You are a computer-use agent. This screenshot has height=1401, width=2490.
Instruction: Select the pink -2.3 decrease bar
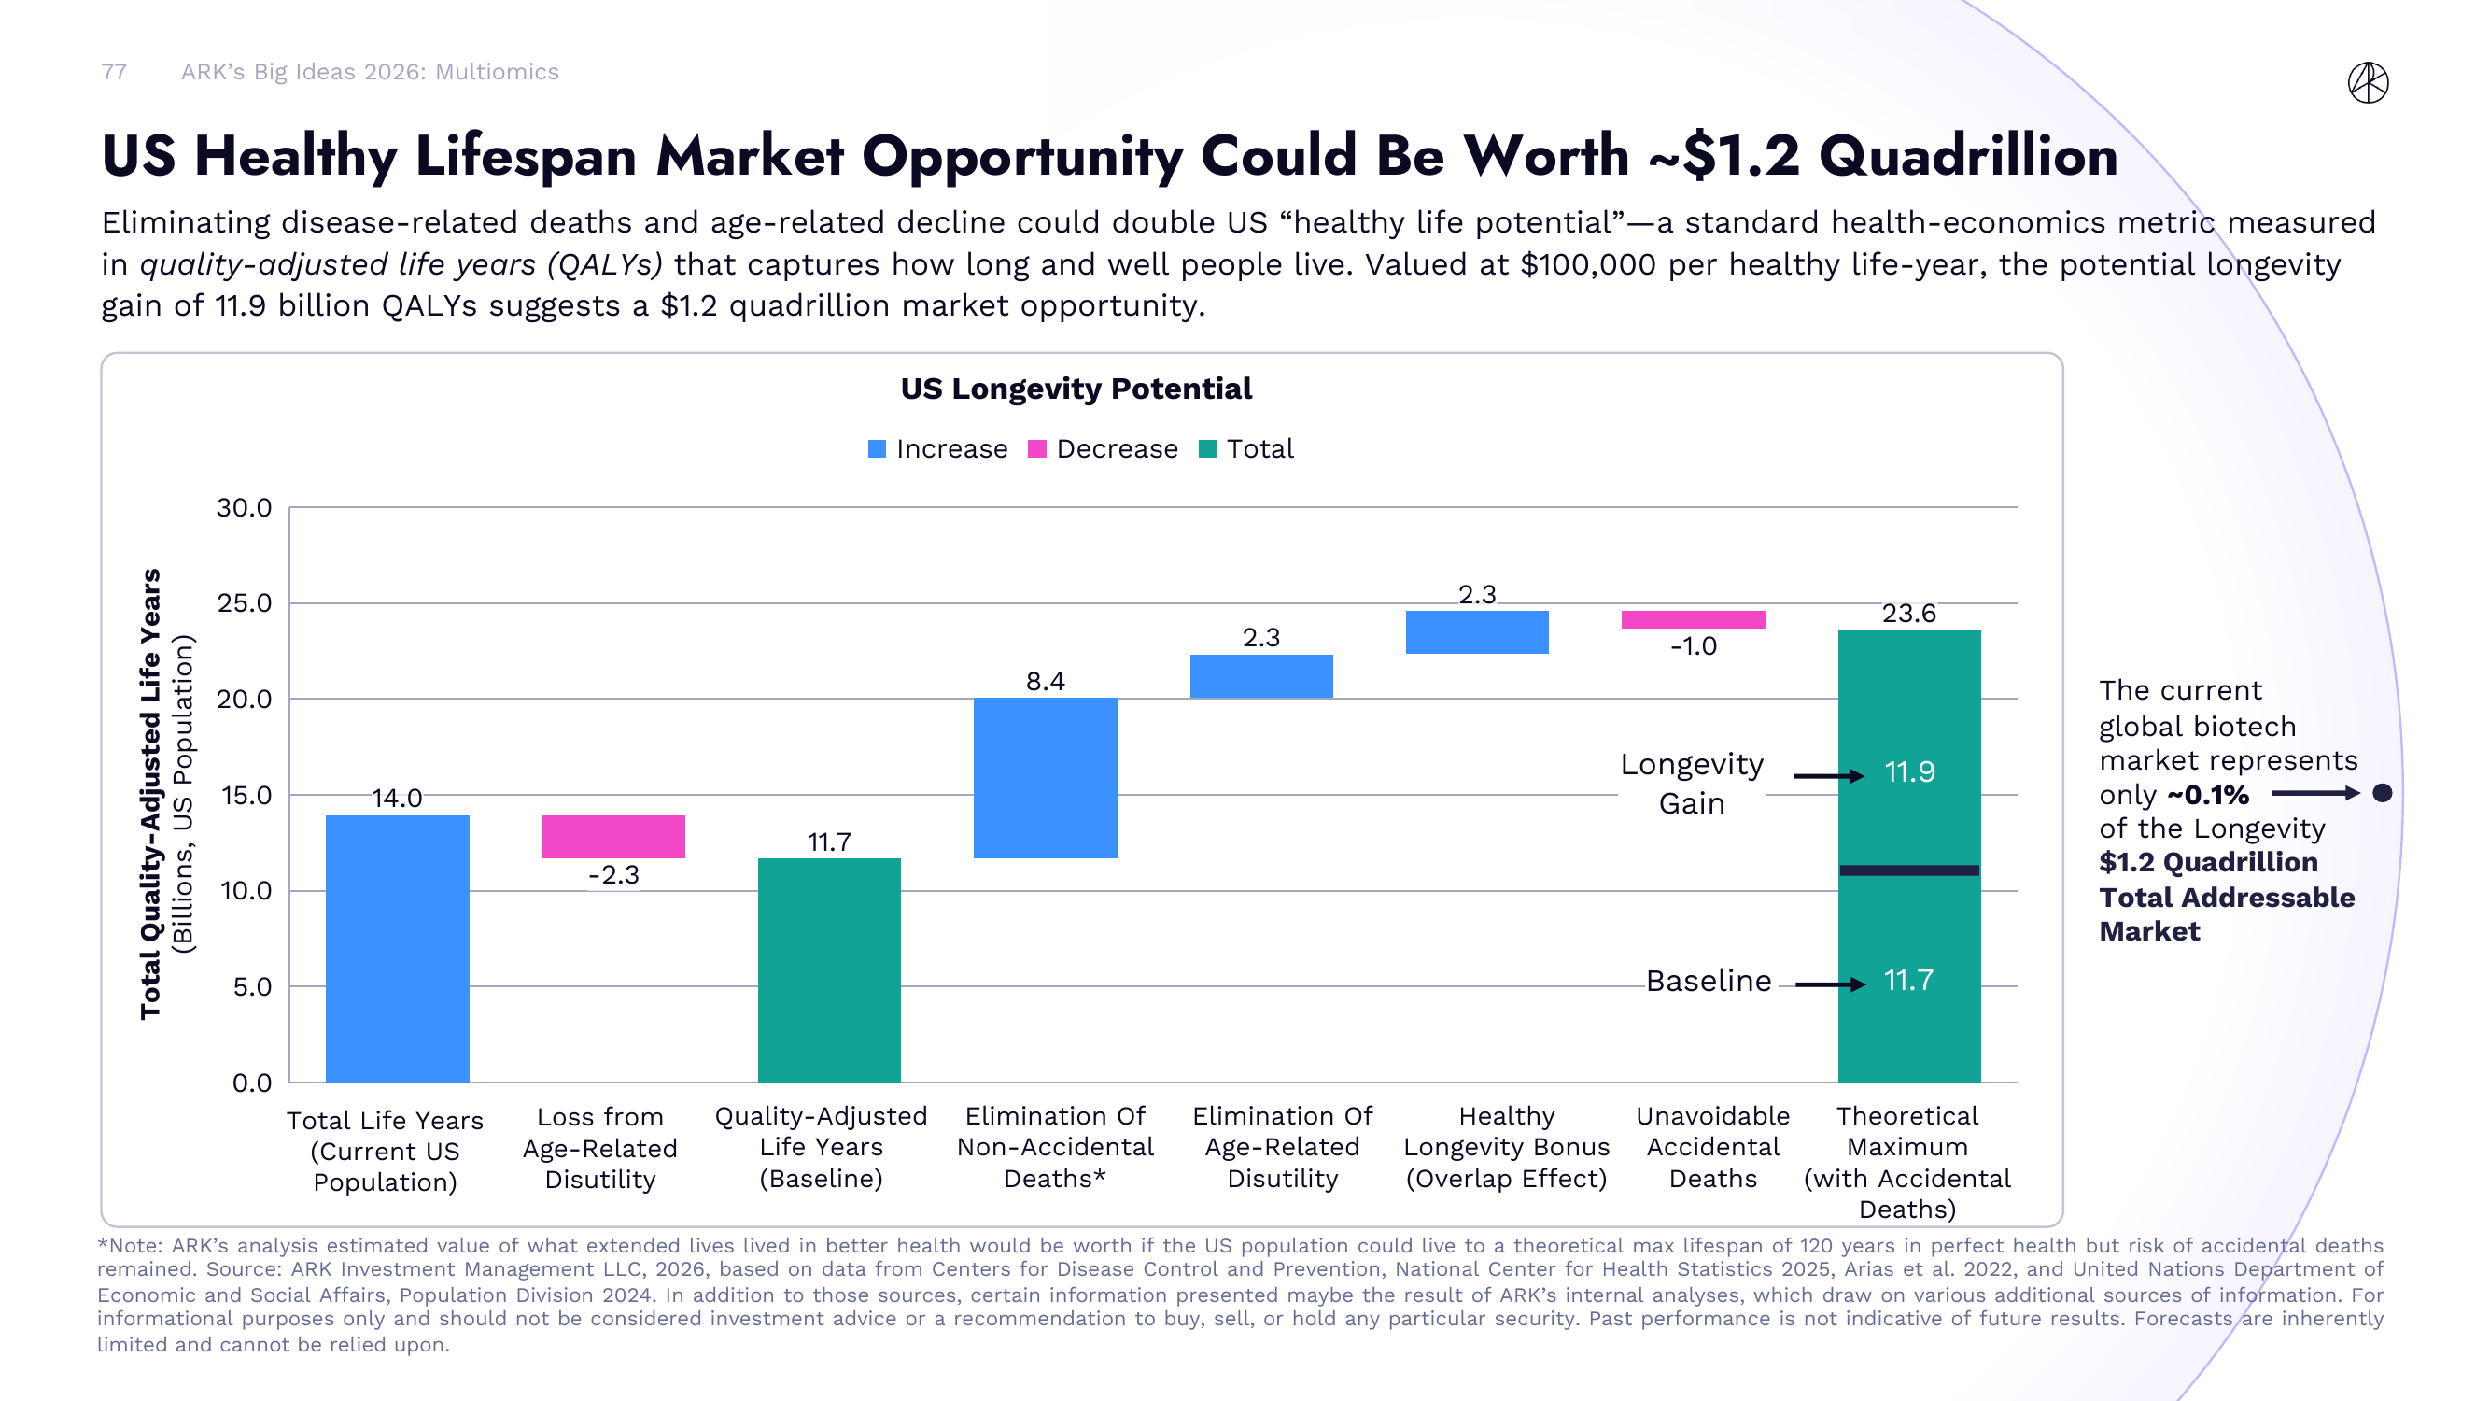(612, 836)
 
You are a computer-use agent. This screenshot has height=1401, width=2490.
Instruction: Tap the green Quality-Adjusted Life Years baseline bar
(828, 969)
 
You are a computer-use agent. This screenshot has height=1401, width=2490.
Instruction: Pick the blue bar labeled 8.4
(1045, 777)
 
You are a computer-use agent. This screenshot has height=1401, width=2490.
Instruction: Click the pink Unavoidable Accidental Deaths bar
(1693, 620)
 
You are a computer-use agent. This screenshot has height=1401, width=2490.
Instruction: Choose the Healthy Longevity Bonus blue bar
(1476, 631)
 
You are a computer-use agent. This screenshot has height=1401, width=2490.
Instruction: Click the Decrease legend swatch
(1036, 448)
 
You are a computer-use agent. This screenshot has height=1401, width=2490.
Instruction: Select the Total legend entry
(1246, 448)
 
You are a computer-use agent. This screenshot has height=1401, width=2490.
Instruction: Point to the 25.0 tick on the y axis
(244, 602)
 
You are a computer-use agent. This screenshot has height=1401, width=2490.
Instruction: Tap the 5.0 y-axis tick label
(251, 986)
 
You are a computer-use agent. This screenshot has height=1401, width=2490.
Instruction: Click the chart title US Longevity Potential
(1075, 389)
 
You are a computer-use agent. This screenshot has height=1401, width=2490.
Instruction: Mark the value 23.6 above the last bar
(1908, 613)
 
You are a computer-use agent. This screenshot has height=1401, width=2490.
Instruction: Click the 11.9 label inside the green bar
(1909, 771)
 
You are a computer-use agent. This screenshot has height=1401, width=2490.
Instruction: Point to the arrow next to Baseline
(1829, 984)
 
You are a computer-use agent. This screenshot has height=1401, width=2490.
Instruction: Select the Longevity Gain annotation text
(1692, 784)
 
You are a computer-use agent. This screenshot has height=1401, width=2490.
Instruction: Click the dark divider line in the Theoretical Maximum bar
(1908, 870)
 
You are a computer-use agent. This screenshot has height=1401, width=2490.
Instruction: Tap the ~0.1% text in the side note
(2208, 795)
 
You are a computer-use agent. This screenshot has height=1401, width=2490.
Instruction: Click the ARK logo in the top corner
(2368, 82)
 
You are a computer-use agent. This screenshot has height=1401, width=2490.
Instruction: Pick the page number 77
(114, 72)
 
